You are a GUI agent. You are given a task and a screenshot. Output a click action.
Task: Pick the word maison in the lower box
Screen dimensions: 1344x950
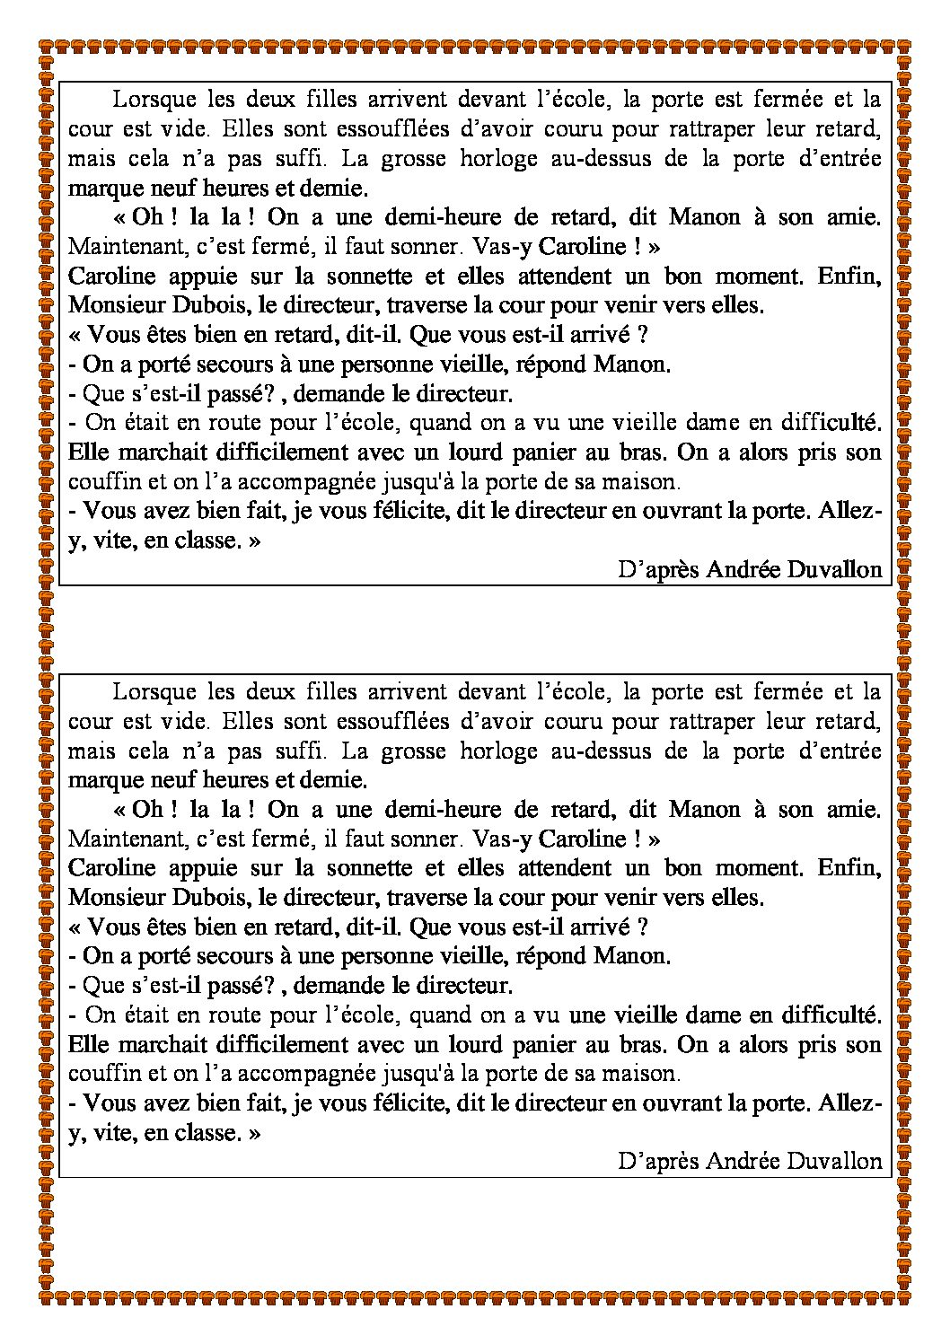[648, 1074]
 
